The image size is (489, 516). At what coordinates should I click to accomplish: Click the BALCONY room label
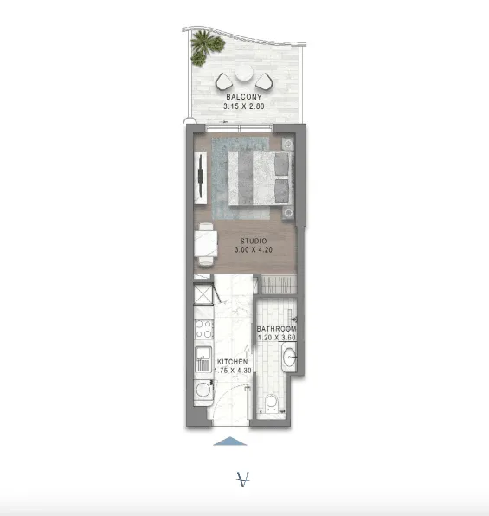244,97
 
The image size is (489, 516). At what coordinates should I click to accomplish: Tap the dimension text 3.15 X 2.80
244,106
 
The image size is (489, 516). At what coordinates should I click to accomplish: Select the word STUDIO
254,241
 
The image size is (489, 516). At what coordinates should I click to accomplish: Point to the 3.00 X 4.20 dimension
254,249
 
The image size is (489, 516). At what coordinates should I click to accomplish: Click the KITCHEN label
232,362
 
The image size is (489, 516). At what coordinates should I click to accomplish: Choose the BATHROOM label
276,329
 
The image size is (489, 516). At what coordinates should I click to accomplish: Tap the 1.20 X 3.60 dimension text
277,338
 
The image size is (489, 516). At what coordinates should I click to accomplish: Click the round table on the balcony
244,73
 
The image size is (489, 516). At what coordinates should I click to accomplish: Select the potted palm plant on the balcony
206,47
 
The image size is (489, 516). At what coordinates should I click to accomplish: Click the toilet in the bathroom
272,403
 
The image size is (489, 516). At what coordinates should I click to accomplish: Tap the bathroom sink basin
289,357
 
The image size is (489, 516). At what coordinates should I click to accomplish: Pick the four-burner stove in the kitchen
203,329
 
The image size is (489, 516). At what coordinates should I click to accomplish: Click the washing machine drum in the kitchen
203,390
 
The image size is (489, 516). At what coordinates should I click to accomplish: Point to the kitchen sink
203,359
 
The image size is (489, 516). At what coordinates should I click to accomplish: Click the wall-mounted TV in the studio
200,177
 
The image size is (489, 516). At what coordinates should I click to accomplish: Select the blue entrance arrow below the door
230,442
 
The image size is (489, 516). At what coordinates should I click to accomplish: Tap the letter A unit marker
243,480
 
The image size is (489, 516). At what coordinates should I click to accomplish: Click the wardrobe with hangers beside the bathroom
279,285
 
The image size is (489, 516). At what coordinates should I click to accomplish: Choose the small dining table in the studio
206,243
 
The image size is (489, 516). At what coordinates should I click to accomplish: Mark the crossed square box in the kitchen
202,294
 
